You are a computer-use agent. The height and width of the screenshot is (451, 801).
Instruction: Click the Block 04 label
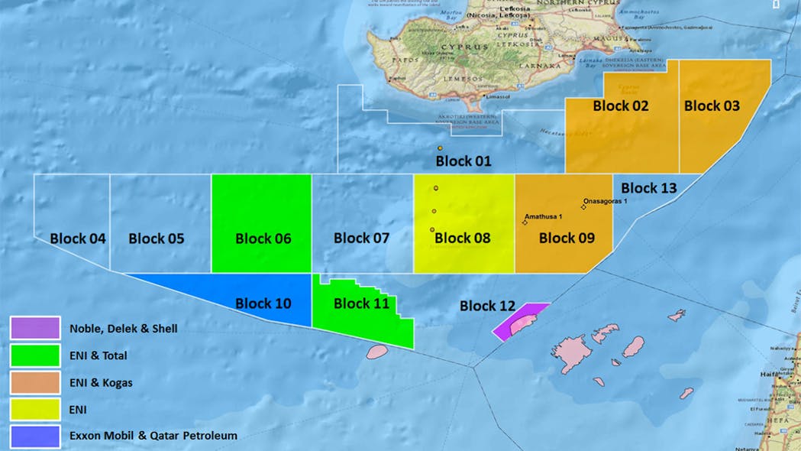tap(78, 238)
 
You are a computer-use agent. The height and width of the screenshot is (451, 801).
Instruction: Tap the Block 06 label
tap(263, 238)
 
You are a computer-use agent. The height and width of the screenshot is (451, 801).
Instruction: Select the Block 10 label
tap(263, 303)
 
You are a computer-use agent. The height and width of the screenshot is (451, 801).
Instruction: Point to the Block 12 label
tap(487, 306)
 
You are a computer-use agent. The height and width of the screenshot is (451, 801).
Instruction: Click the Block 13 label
tap(648, 188)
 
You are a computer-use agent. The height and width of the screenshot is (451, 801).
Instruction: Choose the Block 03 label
tap(712, 105)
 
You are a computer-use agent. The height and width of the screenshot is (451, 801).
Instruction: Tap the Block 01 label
tap(463, 161)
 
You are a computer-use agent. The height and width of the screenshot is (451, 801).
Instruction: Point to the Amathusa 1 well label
tap(544, 216)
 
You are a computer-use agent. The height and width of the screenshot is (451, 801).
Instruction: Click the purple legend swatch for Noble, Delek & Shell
tap(35, 328)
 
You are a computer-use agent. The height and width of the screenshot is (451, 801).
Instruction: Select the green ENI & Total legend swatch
tap(35, 355)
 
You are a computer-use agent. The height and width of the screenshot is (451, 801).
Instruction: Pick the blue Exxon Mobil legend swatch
tap(35, 436)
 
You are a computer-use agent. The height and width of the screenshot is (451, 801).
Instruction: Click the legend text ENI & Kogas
tap(101, 382)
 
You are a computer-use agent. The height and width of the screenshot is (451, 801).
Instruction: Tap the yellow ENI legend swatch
tap(35, 410)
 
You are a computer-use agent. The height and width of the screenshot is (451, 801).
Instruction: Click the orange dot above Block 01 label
tap(441, 148)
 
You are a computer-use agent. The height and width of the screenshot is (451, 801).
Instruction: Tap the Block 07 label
tap(361, 238)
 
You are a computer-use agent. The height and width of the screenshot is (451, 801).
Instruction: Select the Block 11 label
tap(361, 303)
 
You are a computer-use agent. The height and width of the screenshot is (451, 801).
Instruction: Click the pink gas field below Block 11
tap(376, 352)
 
